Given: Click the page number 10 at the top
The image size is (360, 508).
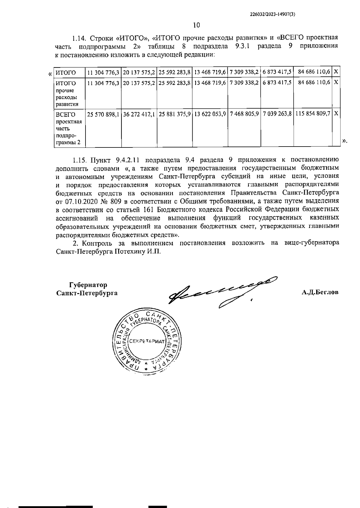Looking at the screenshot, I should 196,25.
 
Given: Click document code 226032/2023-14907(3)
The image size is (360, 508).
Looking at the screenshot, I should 272,14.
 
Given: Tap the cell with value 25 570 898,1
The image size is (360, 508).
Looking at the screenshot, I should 103,114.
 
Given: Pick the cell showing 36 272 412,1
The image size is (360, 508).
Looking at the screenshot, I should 139,114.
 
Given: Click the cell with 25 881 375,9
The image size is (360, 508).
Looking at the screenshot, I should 175,114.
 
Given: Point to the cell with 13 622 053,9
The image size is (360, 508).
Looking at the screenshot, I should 210,114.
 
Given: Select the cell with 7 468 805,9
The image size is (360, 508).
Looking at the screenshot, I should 244,114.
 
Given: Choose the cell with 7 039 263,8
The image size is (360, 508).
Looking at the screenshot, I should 277,114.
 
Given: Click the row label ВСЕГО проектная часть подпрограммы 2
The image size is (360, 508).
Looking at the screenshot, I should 69,128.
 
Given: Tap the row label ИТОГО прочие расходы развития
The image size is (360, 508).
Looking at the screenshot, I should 68,94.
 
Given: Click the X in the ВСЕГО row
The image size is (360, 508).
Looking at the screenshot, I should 336,114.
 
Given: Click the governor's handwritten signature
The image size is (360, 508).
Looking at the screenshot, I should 222,292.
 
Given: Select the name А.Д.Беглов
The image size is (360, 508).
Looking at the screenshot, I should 320,292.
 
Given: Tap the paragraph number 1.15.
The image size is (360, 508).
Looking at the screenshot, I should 79,159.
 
